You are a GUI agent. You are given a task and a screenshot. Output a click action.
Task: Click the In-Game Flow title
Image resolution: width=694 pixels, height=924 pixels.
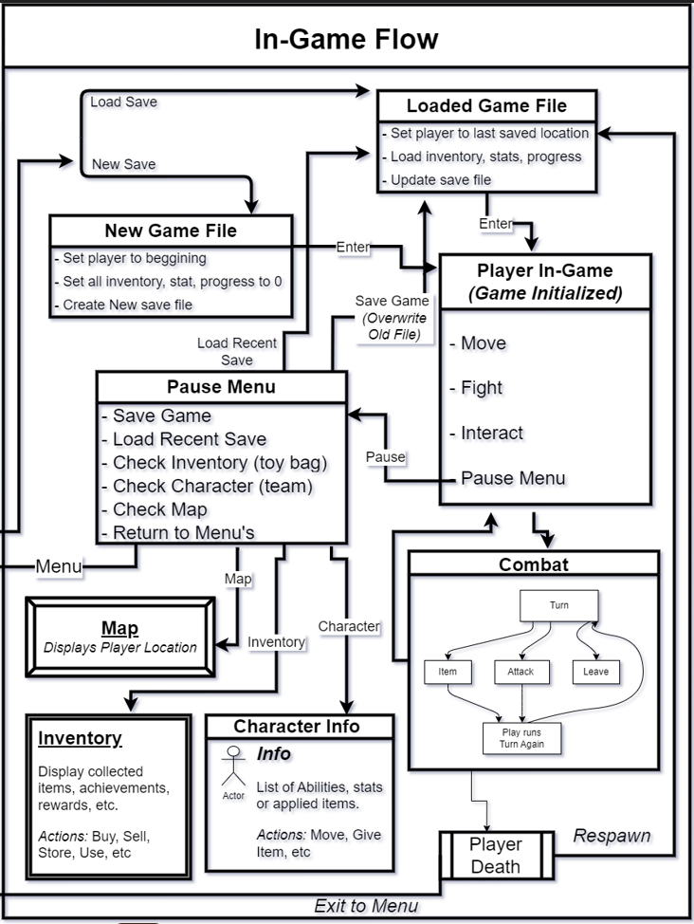[346, 39]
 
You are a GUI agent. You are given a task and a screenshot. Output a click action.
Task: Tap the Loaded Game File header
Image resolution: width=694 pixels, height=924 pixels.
[486, 105]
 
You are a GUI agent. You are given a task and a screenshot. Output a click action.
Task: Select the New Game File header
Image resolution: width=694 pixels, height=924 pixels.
[171, 231]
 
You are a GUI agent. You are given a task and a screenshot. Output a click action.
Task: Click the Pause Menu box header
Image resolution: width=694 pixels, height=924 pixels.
[222, 386]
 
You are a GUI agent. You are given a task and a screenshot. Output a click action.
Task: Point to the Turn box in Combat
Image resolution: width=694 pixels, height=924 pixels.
[559, 605]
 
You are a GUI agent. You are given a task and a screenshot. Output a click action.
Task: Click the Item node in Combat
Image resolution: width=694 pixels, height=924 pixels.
[447, 672]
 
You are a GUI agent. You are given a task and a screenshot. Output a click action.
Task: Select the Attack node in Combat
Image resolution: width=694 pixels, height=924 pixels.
[520, 672]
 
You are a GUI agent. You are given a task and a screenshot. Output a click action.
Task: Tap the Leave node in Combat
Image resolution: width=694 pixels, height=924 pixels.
[595, 672]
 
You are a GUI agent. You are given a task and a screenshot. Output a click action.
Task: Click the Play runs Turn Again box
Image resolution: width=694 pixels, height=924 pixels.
[522, 738]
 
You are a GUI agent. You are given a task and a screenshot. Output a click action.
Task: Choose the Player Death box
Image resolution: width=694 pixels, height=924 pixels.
[496, 855]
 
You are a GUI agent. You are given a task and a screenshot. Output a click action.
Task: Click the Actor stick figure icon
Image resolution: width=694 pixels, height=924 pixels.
[233, 767]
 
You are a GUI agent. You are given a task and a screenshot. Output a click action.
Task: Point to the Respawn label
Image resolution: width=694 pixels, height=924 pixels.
[612, 836]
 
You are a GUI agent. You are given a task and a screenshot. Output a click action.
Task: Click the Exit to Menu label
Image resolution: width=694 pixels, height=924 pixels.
[366, 906]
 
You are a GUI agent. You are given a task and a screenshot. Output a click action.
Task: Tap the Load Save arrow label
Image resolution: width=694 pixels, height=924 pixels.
[123, 102]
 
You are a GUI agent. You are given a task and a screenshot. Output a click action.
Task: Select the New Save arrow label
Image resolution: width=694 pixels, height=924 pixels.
[123, 164]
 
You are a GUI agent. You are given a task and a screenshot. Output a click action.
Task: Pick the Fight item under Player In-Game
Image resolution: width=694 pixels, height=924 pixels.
[476, 388]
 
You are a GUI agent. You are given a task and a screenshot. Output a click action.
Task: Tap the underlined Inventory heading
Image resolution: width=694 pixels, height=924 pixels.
[81, 738]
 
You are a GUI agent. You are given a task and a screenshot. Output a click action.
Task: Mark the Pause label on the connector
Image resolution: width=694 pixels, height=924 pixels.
[385, 456]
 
